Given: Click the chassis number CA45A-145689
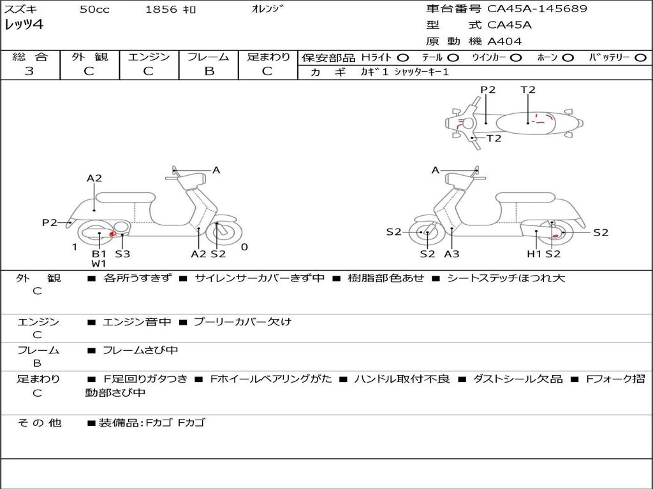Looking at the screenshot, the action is click(x=537, y=9).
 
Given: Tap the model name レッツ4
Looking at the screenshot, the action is click(x=24, y=25).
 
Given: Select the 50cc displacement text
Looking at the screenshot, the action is click(x=94, y=10).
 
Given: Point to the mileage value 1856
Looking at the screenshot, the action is click(x=161, y=10).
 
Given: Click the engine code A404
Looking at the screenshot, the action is click(x=504, y=41).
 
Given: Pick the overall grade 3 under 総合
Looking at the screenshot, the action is click(x=29, y=71).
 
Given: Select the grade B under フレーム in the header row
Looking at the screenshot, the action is click(x=209, y=71).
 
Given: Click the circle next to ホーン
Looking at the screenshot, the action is click(x=568, y=58).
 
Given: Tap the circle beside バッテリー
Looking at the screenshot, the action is click(x=640, y=58).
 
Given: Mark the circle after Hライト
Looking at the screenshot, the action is click(x=403, y=58).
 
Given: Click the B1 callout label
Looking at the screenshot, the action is click(x=99, y=253).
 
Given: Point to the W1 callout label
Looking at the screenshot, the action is click(x=99, y=264).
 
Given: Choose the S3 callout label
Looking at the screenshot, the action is click(x=122, y=253).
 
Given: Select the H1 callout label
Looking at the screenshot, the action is click(x=534, y=253).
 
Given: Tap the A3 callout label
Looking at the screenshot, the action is click(x=451, y=253).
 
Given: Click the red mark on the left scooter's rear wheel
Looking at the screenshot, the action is click(x=112, y=234).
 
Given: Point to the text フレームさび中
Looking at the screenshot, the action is click(x=140, y=351).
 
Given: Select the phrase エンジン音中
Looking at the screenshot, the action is click(x=136, y=322).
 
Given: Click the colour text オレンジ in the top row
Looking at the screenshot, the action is click(x=267, y=9).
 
